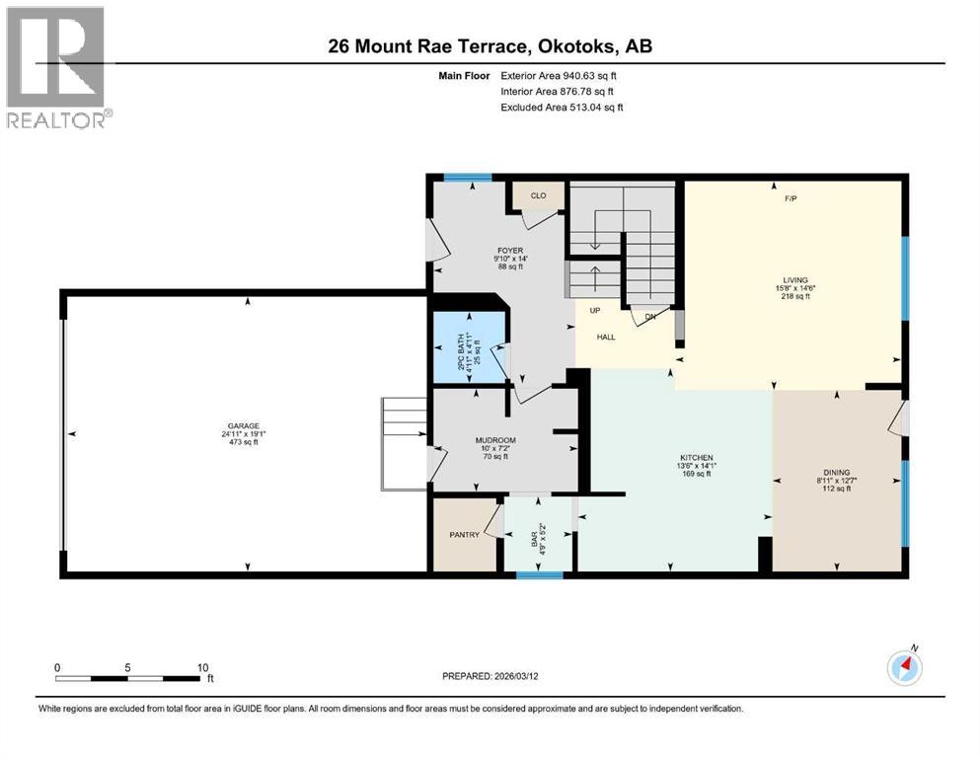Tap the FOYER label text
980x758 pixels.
coord(510,251)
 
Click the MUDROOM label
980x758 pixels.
coord(494,440)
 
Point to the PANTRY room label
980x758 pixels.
coord(464,535)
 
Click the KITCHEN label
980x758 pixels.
coord(696,458)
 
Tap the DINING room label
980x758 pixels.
coord(836,473)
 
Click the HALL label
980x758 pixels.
coord(606,337)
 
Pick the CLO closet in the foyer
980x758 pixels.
coord(538,195)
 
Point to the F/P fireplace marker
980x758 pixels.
coord(791,198)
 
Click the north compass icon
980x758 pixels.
coord(905,667)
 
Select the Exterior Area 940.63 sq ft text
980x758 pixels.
coord(561,75)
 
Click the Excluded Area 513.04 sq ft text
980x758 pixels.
coord(561,107)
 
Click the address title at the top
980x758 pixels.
coord(490,46)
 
